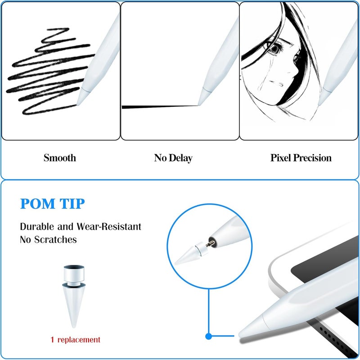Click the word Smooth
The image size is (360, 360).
click(60, 158)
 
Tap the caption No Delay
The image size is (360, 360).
click(173, 158)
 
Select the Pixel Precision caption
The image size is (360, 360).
click(301, 158)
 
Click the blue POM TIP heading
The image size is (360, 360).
click(53, 204)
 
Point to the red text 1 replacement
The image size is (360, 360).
click(75, 340)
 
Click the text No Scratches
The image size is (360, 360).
click(48, 240)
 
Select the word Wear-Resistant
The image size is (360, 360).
click(108, 227)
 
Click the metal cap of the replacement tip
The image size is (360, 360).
click(74, 275)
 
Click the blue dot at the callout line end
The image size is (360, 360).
click(208, 336)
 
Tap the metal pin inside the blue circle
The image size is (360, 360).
click(210, 244)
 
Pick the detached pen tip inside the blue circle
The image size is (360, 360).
click(191, 254)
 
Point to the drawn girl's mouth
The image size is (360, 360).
click(276, 83)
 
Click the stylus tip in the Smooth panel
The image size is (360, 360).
click(82, 96)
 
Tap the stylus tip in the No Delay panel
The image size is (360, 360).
click(204, 97)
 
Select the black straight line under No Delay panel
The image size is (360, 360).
click(160, 107)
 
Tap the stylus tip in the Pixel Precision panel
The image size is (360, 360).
click(324, 96)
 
